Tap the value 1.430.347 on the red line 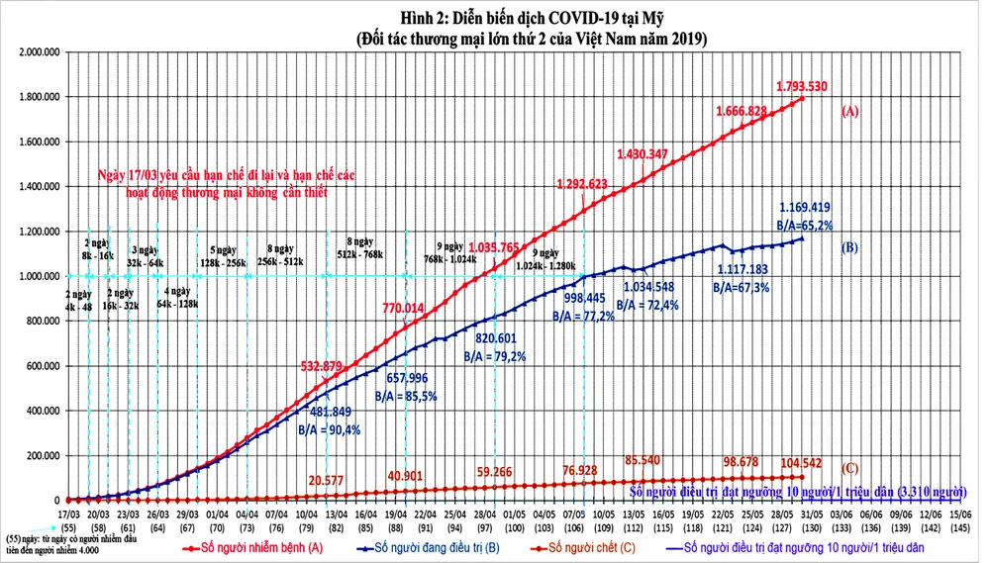648,153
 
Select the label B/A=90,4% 330,429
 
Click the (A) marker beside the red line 848,112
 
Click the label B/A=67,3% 742,287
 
